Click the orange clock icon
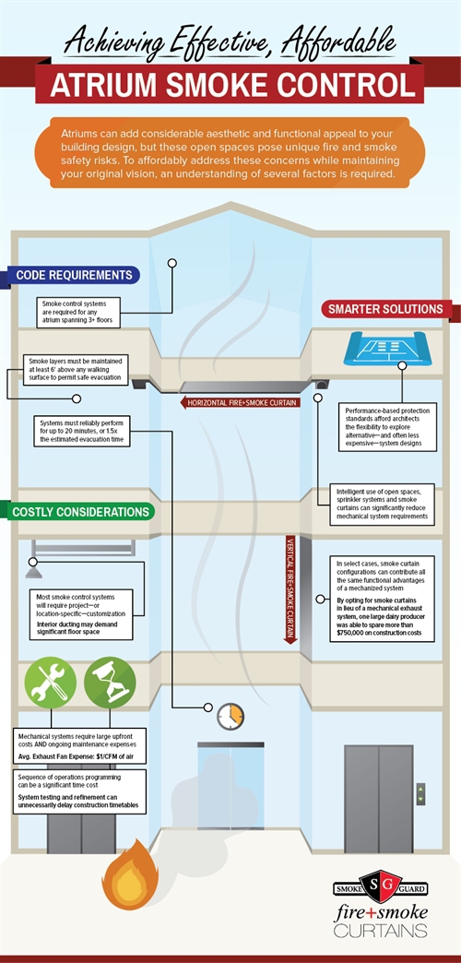(x=230, y=717)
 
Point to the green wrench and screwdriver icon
(x=51, y=683)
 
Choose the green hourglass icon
(x=110, y=683)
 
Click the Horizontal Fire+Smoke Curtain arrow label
(x=240, y=403)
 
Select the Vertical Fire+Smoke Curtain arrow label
(x=291, y=589)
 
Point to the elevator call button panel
(x=420, y=793)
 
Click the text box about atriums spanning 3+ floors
(x=77, y=312)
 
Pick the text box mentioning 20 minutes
(x=82, y=431)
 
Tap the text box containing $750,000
(x=382, y=599)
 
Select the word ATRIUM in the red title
(x=104, y=86)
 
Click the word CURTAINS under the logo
(x=381, y=930)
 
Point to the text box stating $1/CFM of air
(x=79, y=745)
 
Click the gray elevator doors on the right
(x=379, y=799)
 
